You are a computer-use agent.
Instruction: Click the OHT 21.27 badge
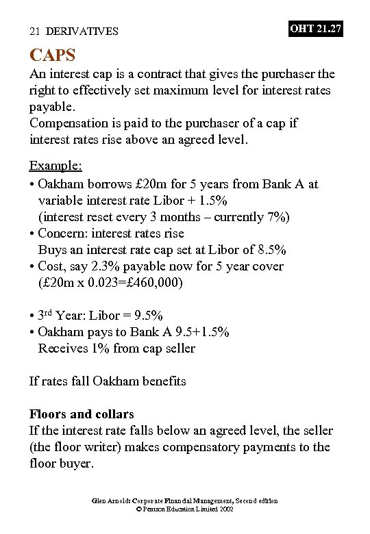tap(315, 29)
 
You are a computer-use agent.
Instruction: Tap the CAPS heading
tap(52, 54)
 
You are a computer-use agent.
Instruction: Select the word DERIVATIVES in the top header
tap(82, 31)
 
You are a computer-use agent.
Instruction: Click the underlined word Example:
tap(56, 166)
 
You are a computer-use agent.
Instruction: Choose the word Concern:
tap(64, 233)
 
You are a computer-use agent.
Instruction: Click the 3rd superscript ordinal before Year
tap(44, 314)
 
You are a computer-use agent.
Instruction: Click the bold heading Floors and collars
tap(82, 414)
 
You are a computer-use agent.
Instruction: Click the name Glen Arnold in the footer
tap(110, 501)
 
